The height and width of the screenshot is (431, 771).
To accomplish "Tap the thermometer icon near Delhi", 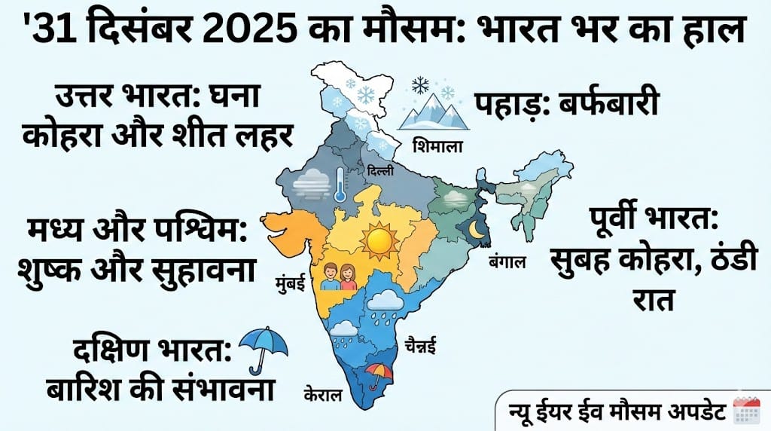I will (340, 184).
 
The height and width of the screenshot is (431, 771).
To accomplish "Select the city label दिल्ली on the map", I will (380, 173).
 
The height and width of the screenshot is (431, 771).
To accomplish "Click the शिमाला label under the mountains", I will (437, 145).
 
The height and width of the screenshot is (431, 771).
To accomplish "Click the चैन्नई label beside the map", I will (419, 347).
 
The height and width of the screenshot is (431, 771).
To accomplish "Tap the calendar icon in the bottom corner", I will (747, 412).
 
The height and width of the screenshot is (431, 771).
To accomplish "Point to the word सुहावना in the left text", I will (205, 267).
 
